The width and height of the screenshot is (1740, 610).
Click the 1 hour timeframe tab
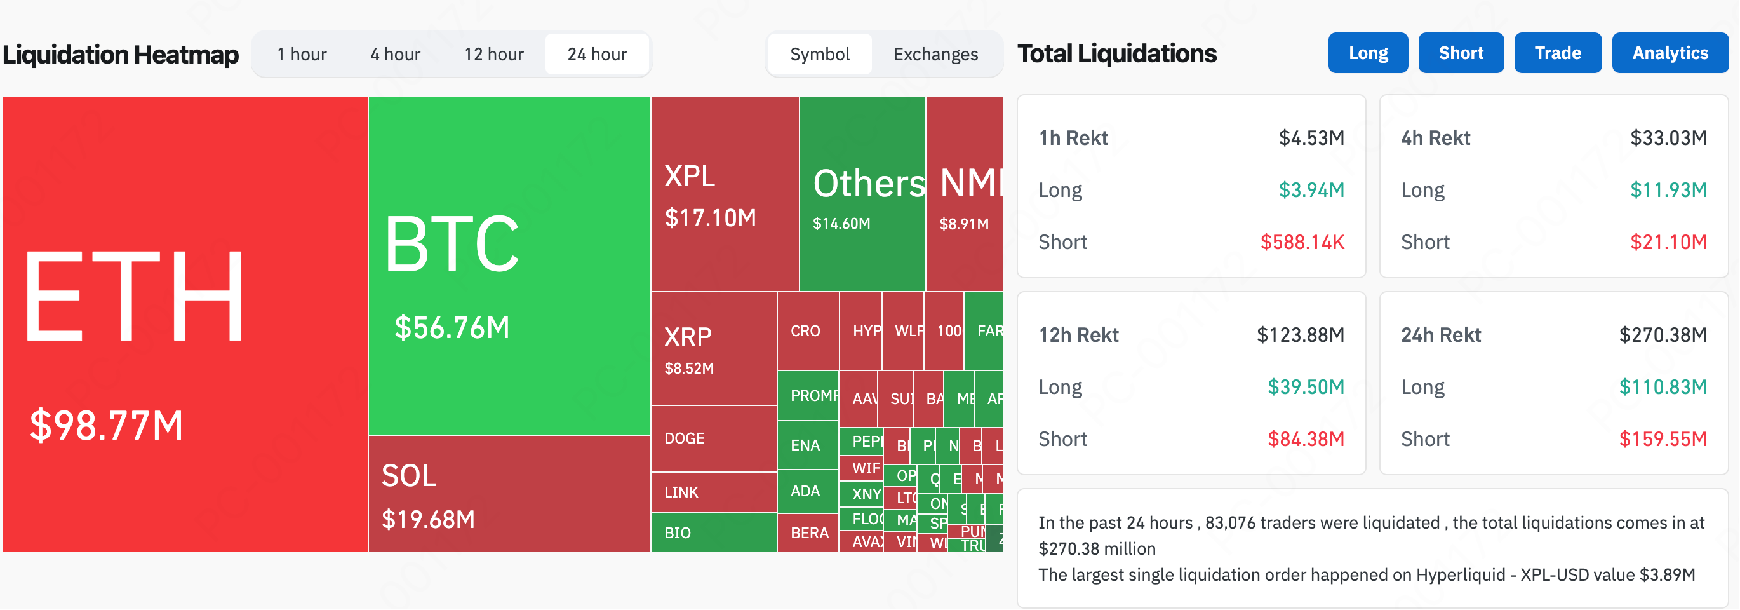point(301,54)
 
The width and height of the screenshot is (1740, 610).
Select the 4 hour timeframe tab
point(395,54)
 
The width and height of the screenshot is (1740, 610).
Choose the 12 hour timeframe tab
point(494,54)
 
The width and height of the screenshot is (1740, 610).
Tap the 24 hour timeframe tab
point(597,54)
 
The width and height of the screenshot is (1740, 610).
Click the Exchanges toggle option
point(935,54)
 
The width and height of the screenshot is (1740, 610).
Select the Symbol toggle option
point(819,54)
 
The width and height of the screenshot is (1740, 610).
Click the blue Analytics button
point(1670,53)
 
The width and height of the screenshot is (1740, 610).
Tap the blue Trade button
point(1558,53)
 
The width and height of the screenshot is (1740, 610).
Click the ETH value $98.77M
point(107,426)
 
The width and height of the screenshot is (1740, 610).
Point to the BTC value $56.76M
point(452,328)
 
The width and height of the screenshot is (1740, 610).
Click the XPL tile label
point(690,176)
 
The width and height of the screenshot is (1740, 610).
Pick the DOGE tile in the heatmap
point(684,438)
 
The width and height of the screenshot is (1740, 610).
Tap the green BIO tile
point(678,533)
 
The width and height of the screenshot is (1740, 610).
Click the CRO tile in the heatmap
point(805,331)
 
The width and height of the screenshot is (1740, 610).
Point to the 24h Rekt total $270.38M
point(1663,335)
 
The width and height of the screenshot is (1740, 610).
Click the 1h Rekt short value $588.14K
point(1302,242)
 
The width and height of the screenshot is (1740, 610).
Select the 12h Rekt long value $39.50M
point(1306,387)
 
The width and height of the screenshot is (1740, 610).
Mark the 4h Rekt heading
point(1435,138)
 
